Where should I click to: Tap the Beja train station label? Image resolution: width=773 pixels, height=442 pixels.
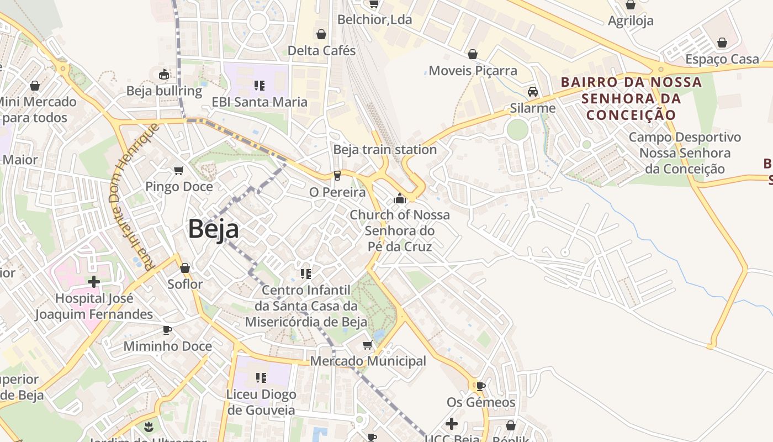click(385, 150)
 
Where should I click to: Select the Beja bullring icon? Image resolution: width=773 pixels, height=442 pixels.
click(164, 75)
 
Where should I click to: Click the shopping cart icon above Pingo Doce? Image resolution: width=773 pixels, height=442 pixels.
click(178, 171)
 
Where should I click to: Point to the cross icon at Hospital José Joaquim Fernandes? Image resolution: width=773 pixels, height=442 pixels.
click(94, 282)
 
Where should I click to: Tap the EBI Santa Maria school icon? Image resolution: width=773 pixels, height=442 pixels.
click(260, 85)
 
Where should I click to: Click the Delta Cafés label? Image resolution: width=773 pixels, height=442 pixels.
click(321, 50)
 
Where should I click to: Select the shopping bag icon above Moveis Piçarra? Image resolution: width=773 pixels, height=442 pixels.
click(473, 54)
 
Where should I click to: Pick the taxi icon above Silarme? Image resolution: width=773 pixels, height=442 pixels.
click(532, 92)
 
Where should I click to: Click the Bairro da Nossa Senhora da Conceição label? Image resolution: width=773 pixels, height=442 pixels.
click(631, 98)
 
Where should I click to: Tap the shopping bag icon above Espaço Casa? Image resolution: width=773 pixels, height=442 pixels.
click(722, 43)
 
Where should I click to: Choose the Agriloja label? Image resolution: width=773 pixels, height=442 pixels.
click(631, 21)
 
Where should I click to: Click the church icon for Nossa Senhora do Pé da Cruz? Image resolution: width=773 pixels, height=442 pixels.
click(400, 198)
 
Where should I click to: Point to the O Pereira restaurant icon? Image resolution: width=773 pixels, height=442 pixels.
click(337, 176)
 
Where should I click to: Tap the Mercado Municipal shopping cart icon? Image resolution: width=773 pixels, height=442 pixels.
click(368, 345)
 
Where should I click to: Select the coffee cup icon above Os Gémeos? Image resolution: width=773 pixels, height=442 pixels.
click(480, 386)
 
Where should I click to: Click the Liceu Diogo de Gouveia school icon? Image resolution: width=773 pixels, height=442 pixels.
click(261, 378)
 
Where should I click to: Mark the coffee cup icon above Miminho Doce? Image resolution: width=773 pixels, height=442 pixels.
click(167, 330)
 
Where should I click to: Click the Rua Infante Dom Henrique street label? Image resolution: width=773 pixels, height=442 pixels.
click(135, 196)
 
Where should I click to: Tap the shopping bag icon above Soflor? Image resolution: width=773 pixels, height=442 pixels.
click(185, 268)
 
